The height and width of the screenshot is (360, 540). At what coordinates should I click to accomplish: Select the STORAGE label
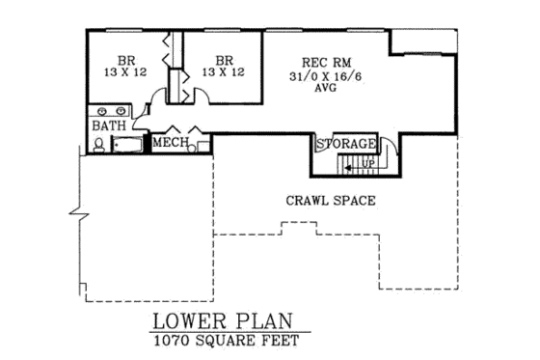click(x=345, y=144)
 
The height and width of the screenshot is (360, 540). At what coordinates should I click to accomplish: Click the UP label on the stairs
click(x=367, y=163)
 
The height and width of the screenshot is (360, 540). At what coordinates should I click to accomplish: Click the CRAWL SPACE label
click(x=330, y=201)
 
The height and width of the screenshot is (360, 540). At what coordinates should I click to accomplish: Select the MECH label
click(x=170, y=144)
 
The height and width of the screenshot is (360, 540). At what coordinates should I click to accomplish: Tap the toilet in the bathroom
click(x=99, y=145)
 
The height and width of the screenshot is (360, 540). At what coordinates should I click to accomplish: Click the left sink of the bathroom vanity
click(x=99, y=109)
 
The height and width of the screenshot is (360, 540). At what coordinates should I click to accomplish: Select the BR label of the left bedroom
click(x=127, y=58)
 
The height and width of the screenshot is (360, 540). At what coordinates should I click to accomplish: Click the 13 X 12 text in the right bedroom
click(x=223, y=71)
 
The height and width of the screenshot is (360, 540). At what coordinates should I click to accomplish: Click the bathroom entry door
click(x=140, y=119)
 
